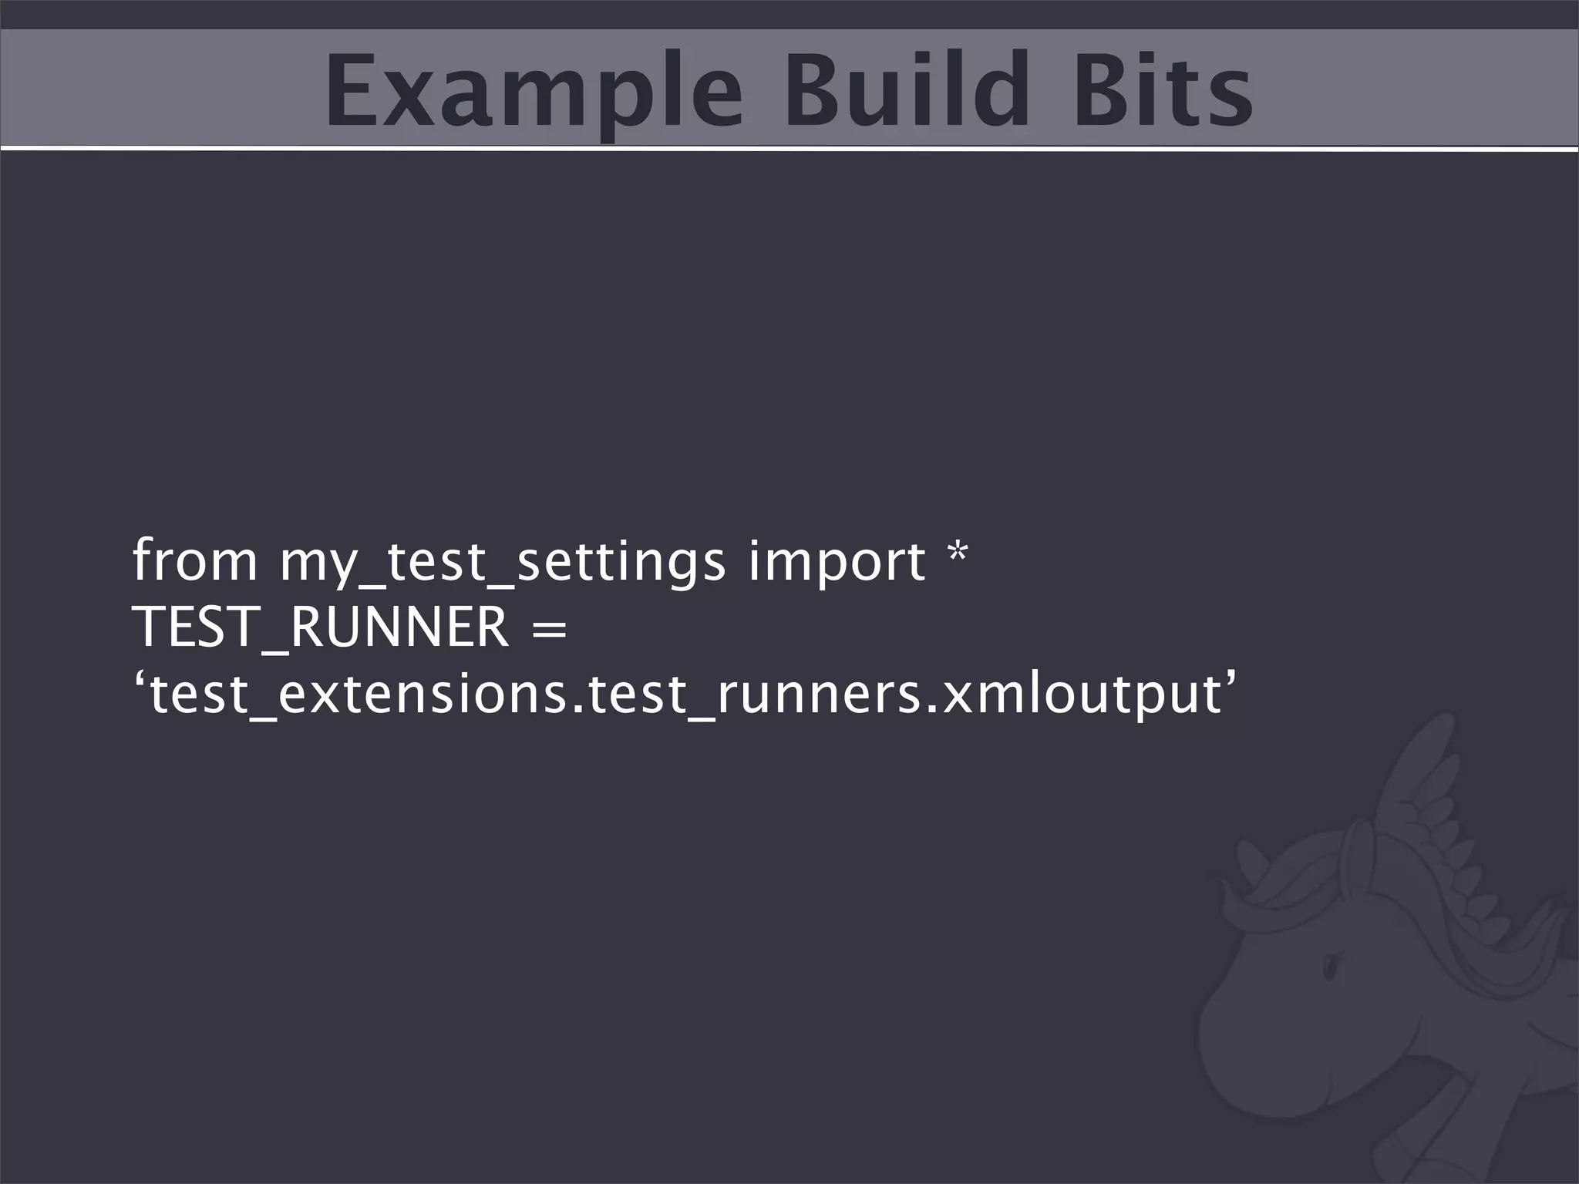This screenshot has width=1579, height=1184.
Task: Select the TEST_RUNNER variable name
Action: (x=321, y=627)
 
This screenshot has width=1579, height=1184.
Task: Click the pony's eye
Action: (x=1329, y=968)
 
